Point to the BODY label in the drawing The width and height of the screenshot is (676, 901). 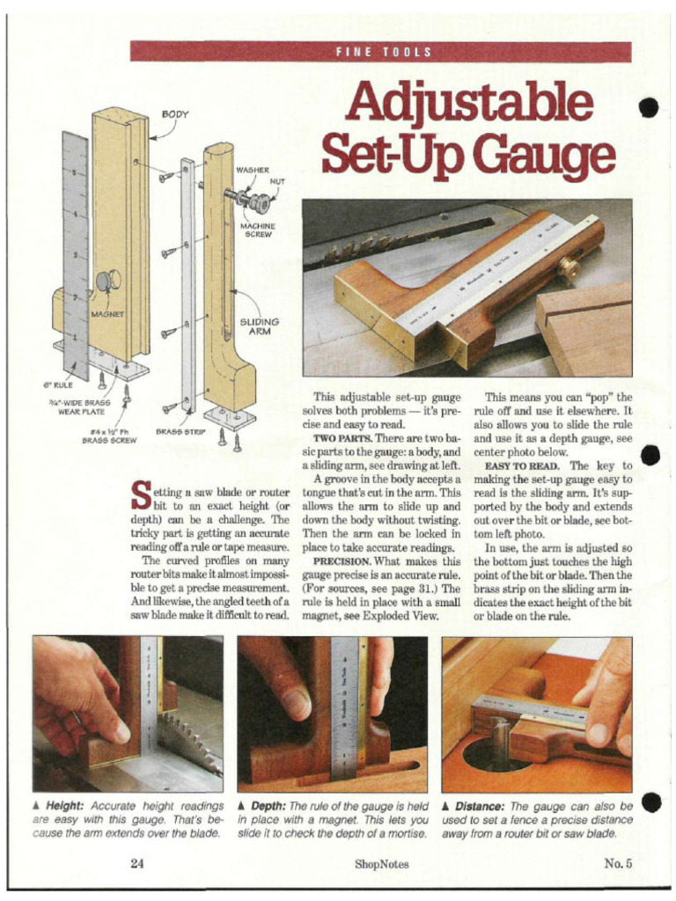tap(174, 114)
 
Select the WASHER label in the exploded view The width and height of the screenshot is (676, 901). tap(252, 169)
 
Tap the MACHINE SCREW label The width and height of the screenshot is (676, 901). tap(258, 230)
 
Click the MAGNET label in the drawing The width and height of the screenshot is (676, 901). tap(107, 313)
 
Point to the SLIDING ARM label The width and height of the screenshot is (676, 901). tap(258, 326)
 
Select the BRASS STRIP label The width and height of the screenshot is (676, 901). tap(180, 431)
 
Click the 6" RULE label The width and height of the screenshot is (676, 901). tap(58, 385)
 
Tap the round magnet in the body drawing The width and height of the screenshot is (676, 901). tap(107, 282)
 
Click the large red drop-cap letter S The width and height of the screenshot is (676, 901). tap(140, 495)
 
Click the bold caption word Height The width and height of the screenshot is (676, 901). tap(62, 806)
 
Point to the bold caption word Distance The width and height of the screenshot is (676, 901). tap(480, 806)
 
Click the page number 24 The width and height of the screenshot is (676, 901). tap(136, 864)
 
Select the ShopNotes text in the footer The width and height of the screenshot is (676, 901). tap(381, 864)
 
